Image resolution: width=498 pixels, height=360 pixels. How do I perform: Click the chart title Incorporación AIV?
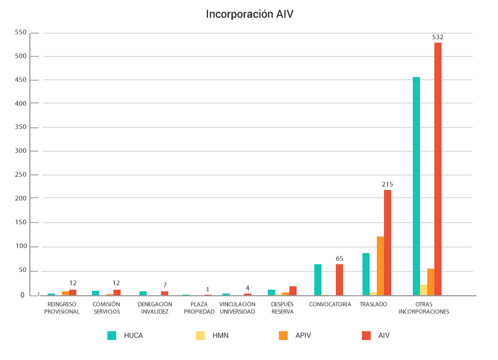coord(249,14)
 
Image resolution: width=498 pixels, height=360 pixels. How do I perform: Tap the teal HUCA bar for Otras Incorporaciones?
coord(416,186)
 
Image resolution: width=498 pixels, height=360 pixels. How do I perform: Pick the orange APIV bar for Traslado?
coord(380,266)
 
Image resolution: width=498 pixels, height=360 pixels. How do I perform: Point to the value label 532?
coord(438,37)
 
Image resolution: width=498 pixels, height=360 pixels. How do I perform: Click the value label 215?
coord(387,184)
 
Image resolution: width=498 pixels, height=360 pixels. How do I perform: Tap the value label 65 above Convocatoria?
coord(339,258)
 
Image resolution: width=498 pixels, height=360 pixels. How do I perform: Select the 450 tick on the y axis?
coord(20,80)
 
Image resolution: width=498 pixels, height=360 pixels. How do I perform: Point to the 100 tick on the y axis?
coord(20,246)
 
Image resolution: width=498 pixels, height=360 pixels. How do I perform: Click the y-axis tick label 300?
coord(20,151)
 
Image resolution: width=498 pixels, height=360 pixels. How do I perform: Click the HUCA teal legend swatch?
coord(112,335)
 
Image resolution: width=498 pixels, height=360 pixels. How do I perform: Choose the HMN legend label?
coord(221,335)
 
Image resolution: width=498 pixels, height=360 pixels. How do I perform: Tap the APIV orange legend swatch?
coord(284,335)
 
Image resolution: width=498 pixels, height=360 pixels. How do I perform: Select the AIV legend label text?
coord(384,335)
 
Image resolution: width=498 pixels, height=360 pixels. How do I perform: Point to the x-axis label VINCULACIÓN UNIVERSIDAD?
coord(237,308)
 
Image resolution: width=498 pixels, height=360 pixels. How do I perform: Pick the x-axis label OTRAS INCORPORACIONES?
coord(424,308)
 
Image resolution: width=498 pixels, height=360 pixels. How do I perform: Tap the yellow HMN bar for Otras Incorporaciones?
coord(423,290)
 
